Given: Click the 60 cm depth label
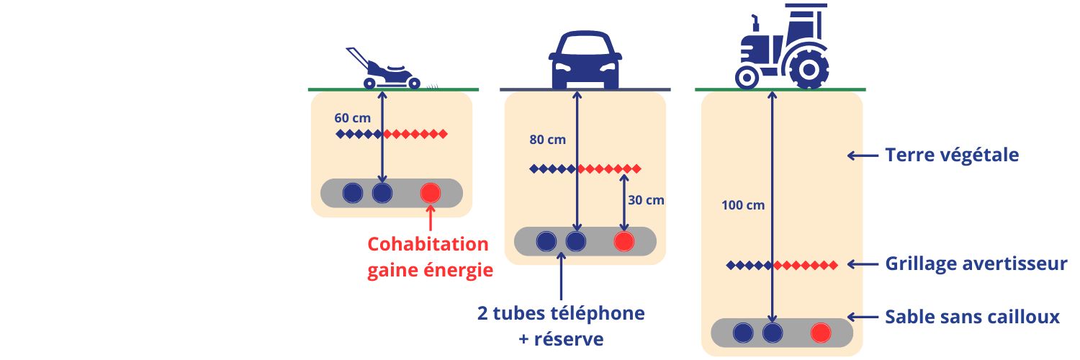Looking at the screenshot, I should coord(351,117).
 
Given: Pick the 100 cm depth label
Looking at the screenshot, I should coord(742,204).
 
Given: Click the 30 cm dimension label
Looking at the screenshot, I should coord(646,200).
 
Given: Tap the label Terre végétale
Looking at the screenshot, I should coord(952,155).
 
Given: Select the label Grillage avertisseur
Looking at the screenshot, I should coord(976,264).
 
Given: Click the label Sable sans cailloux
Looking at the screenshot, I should coord(972,317).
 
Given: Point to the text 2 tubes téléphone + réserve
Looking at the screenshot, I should coord(560,325).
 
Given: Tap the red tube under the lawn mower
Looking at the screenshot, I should coord(431,193).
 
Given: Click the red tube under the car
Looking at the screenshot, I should coord(624,241).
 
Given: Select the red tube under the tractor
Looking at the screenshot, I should coord(820,333).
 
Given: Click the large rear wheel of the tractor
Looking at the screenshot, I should coord(807,68).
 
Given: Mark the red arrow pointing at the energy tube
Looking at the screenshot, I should coord(431,219).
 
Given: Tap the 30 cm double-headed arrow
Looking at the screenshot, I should coord(624,201).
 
